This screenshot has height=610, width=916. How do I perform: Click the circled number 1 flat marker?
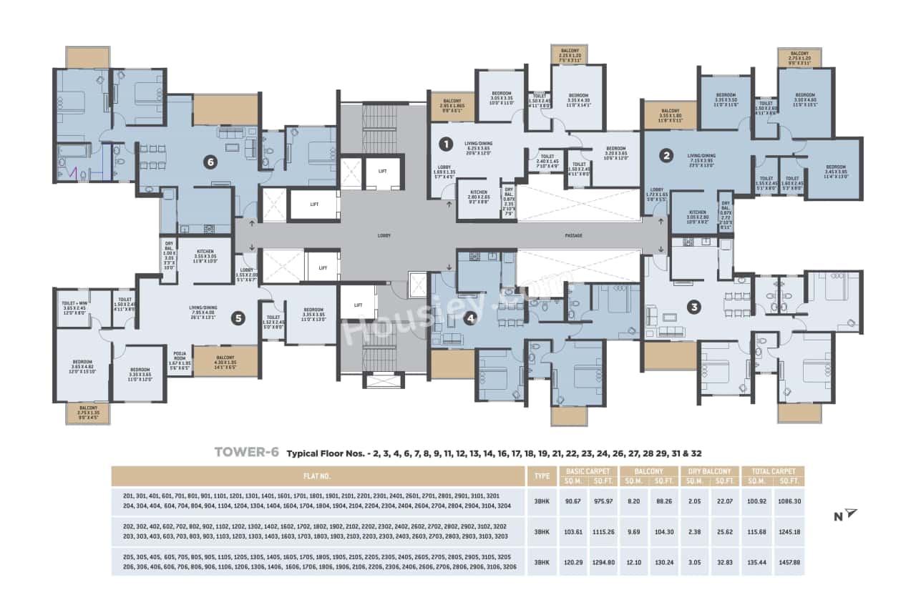coord(445,144)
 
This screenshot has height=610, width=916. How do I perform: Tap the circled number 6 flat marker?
coord(210,162)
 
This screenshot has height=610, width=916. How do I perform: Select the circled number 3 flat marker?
coord(693,308)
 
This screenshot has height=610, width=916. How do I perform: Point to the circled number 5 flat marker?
coord(239,319)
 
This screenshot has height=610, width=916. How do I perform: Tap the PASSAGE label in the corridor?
coord(572,235)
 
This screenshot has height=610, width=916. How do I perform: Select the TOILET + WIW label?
coord(74,305)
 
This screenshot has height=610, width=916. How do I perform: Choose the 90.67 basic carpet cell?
coord(574,500)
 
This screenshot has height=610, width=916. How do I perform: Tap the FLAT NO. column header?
coord(318,476)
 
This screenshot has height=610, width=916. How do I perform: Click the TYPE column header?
coord(539,476)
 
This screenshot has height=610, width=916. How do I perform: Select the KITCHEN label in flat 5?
coord(207,252)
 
